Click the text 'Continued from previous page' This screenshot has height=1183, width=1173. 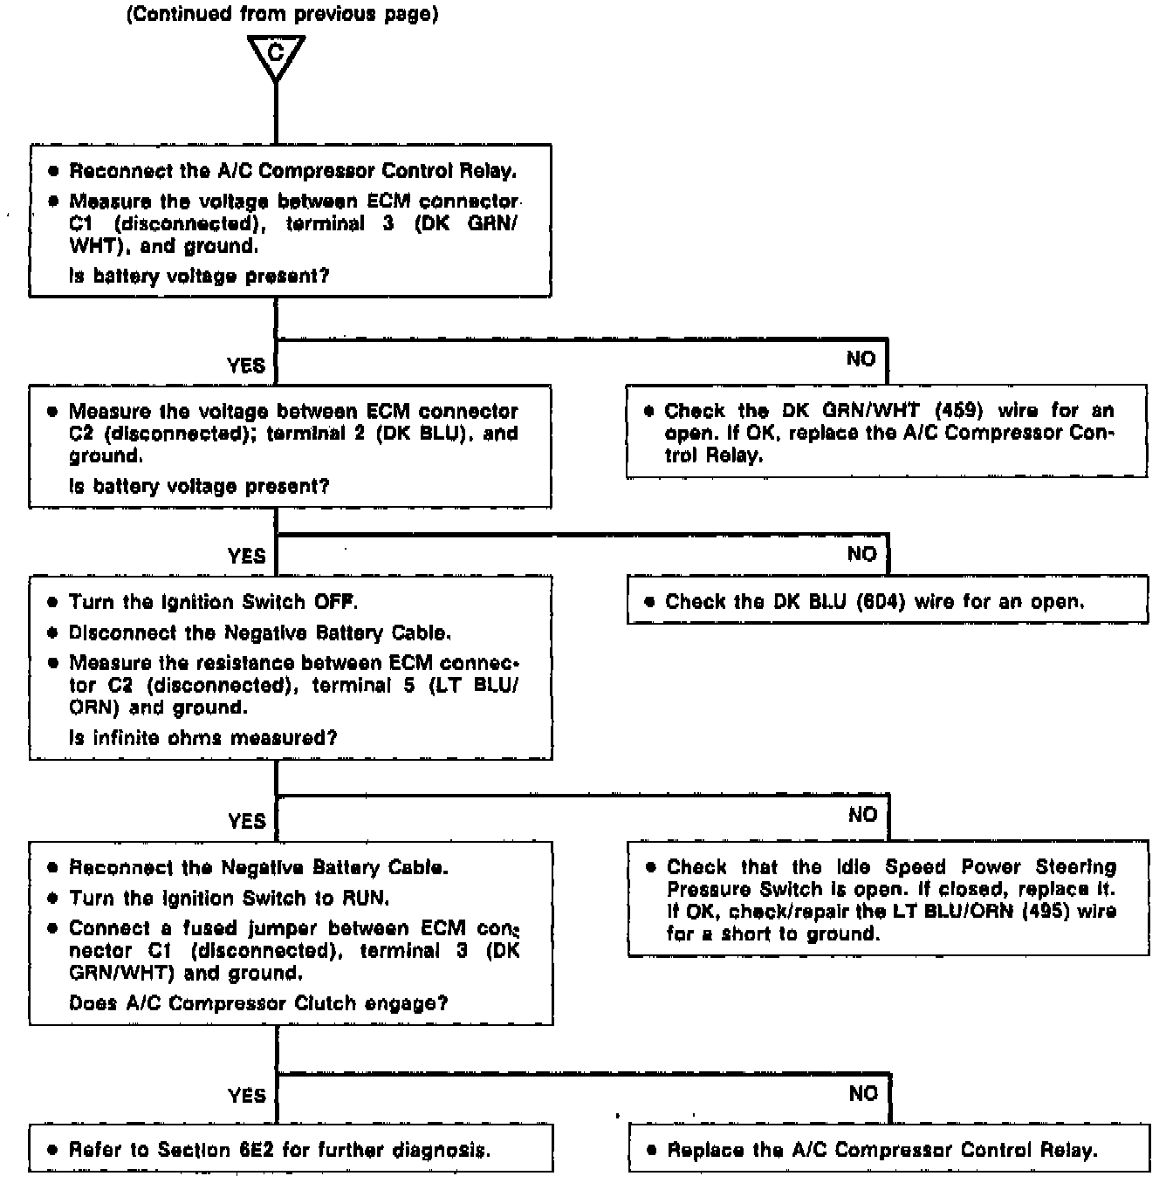pyautogui.click(x=282, y=15)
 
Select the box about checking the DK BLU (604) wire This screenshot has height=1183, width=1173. pyautogui.click(x=887, y=601)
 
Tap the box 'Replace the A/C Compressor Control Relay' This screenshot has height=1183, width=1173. pyautogui.click(x=888, y=1148)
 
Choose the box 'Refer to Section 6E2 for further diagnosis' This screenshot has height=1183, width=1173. pyautogui.click(x=291, y=1148)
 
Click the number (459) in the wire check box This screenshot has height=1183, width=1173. pyautogui.click(x=960, y=410)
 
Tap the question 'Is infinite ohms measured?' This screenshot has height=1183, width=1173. pyautogui.click(x=202, y=738)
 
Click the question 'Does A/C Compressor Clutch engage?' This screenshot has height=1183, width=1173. pyautogui.click(x=258, y=1003)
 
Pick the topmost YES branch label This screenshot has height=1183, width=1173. pyautogui.click(x=246, y=366)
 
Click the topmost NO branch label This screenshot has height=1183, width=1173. pyautogui.click(x=861, y=359)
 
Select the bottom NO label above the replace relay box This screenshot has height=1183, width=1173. pyautogui.click(x=863, y=1094)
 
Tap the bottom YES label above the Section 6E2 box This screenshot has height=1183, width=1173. pyautogui.click(x=247, y=1096)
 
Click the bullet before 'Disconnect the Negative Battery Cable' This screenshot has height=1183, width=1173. pyautogui.click(x=52, y=633)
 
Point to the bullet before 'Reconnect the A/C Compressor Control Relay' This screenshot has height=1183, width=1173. pyautogui.click(x=53, y=171)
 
